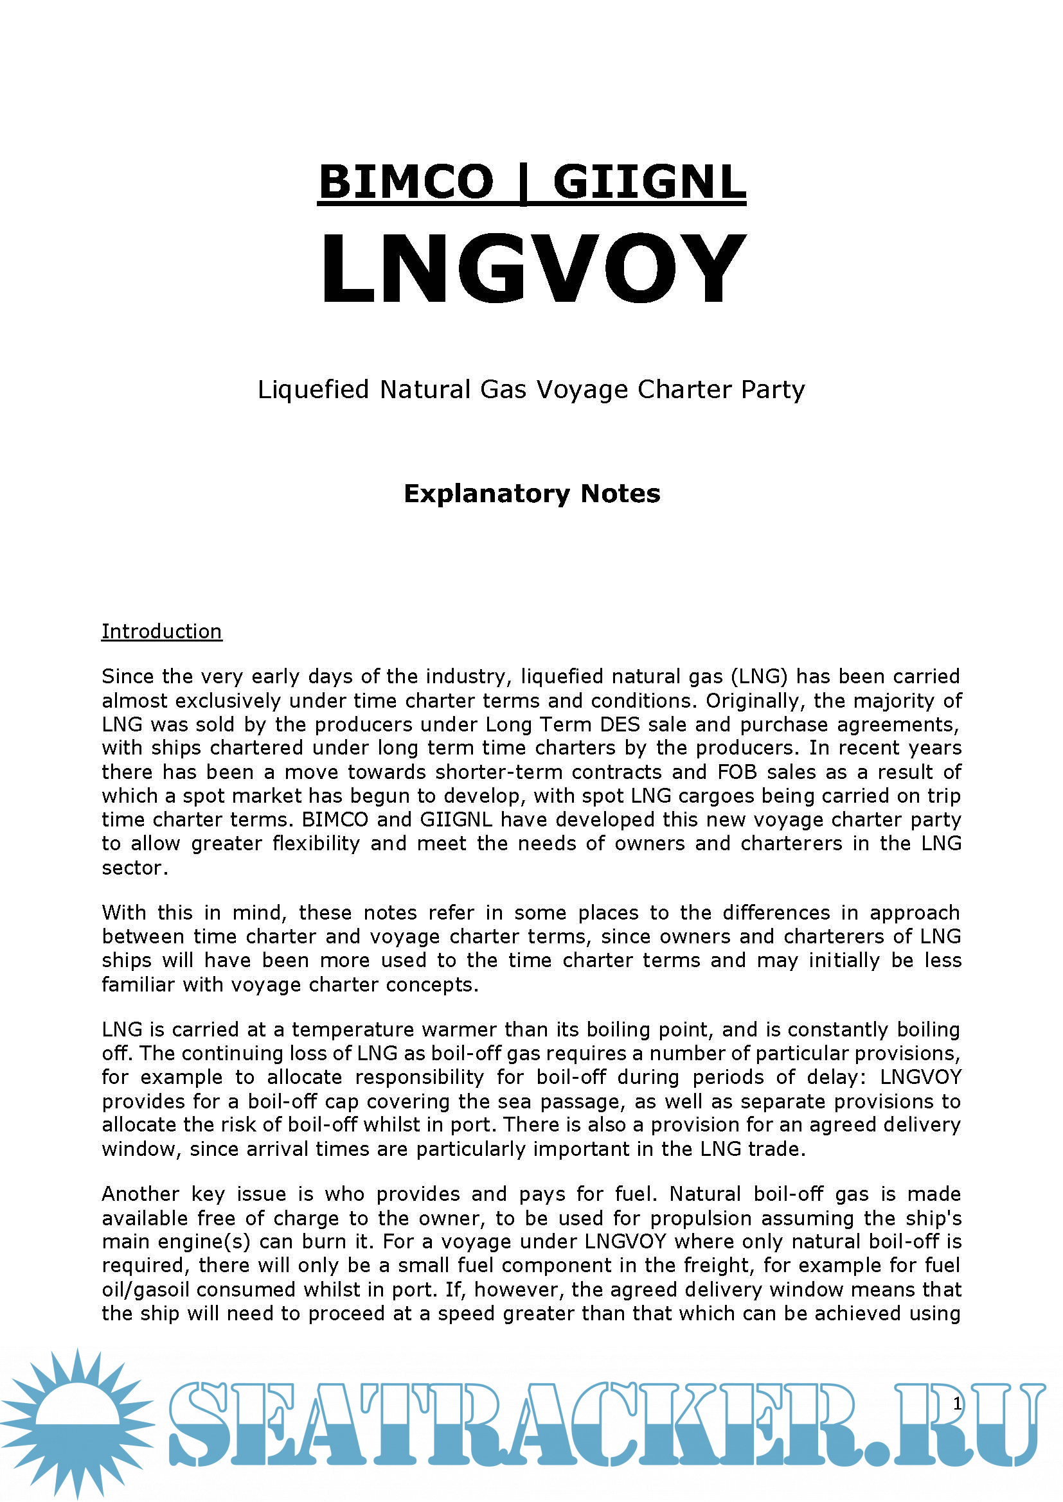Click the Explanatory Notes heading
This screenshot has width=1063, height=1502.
(x=531, y=494)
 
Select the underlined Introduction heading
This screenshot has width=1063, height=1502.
(x=162, y=631)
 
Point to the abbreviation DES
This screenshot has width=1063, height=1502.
(x=619, y=724)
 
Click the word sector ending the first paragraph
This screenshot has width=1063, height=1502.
(x=134, y=868)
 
